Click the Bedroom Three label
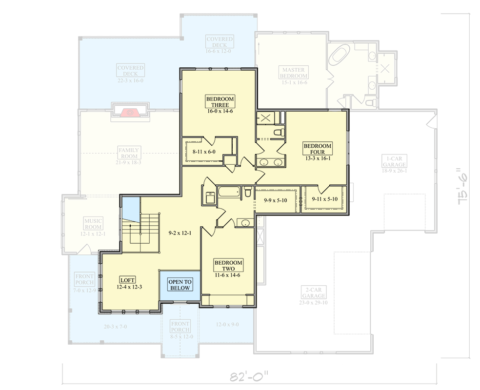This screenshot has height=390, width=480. [x=220, y=102]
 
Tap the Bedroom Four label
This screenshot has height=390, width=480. [x=318, y=149]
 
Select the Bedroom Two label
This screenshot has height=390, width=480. [x=228, y=266]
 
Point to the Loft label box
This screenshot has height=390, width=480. [x=127, y=280]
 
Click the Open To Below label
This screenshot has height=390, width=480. [x=180, y=285]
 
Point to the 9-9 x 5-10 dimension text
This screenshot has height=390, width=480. [x=276, y=200]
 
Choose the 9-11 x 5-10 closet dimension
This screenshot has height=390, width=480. [x=324, y=199]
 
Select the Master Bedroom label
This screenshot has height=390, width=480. [x=294, y=73]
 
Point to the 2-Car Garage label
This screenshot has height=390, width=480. [x=313, y=295]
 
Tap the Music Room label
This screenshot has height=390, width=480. [x=93, y=224]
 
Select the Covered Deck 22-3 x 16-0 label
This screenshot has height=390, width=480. [x=130, y=71]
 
